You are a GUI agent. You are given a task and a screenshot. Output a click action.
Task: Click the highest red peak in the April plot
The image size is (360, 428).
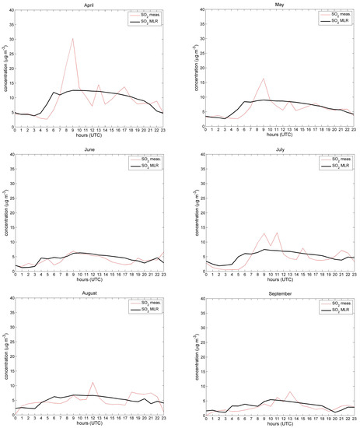[73, 38]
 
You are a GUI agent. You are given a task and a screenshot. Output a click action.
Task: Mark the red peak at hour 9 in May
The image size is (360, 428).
[264, 79]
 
